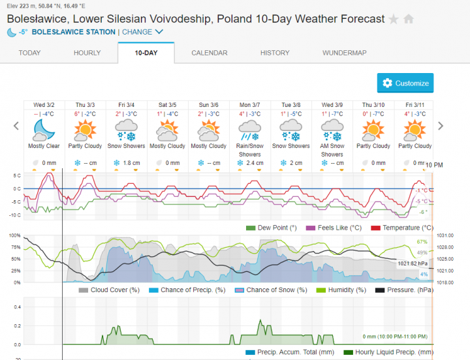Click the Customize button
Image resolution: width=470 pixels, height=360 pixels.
[x=405, y=83]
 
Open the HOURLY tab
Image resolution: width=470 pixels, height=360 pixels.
[x=87, y=53]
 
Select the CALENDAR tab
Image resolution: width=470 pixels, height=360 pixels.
[x=209, y=53]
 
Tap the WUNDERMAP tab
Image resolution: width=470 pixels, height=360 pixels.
[x=344, y=53]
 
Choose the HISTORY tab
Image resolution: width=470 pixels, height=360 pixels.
[x=275, y=53]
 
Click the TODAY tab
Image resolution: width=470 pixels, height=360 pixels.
[x=29, y=53]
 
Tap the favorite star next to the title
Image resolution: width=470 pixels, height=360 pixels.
[x=394, y=19]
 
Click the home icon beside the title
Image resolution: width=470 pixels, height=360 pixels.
[x=409, y=19]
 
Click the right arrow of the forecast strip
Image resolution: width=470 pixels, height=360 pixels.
[x=441, y=126]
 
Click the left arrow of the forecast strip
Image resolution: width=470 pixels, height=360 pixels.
[x=16, y=126]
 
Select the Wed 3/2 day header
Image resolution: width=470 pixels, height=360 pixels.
[x=44, y=104]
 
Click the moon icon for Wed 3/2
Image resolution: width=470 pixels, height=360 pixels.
[x=44, y=128]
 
